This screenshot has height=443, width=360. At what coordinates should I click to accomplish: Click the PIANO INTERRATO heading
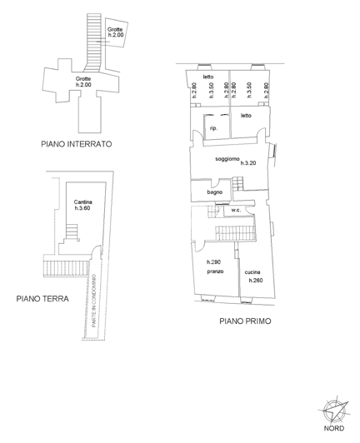click(x=76, y=143)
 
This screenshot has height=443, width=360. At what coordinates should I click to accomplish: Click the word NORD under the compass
click(x=335, y=431)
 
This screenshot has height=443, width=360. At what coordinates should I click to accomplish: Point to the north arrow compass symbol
click(x=335, y=410)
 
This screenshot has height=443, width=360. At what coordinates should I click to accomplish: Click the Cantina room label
click(x=82, y=202)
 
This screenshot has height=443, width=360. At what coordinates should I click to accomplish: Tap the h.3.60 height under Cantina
click(x=82, y=208)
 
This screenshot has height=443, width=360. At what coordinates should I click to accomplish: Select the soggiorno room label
click(x=227, y=158)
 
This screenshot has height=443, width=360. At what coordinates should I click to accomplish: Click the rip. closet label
click(x=214, y=128)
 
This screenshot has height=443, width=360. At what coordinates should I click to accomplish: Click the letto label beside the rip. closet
click(x=247, y=116)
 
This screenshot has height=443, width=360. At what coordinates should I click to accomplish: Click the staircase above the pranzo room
click(x=238, y=232)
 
